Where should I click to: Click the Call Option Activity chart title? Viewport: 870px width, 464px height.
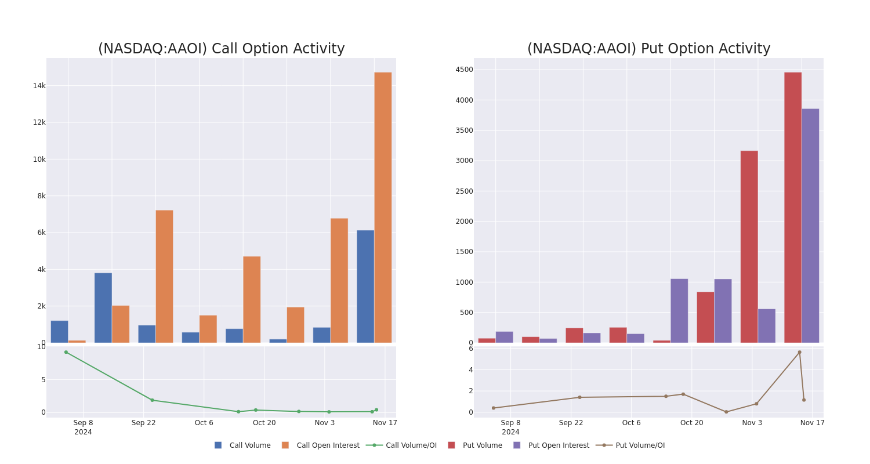(x=221, y=49)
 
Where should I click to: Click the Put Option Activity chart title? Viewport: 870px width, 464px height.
(x=648, y=49)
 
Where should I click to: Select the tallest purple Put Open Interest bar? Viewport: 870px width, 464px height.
(x=810, y=226)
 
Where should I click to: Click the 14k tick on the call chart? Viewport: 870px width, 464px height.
(x=39, y=86)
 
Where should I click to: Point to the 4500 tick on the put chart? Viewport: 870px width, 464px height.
(x=464, y=70)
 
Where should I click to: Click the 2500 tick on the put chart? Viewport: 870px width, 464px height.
(x=464, y=191)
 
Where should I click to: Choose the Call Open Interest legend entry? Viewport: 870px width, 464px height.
(x=328, y=445)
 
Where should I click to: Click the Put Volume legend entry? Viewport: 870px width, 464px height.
(x=482, y=445)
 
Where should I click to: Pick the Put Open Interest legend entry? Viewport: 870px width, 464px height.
(x=558, y=445)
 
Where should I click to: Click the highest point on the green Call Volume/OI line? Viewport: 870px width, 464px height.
(x=66, y=352)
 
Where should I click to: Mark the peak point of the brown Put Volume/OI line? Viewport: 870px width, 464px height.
(x=799, y=352)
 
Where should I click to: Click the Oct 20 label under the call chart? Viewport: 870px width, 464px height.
(x=264, y=423)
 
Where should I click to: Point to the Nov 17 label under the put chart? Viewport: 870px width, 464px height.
(x=812, y=423)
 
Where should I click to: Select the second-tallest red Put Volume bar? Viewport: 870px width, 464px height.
(x=749, y=246)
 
